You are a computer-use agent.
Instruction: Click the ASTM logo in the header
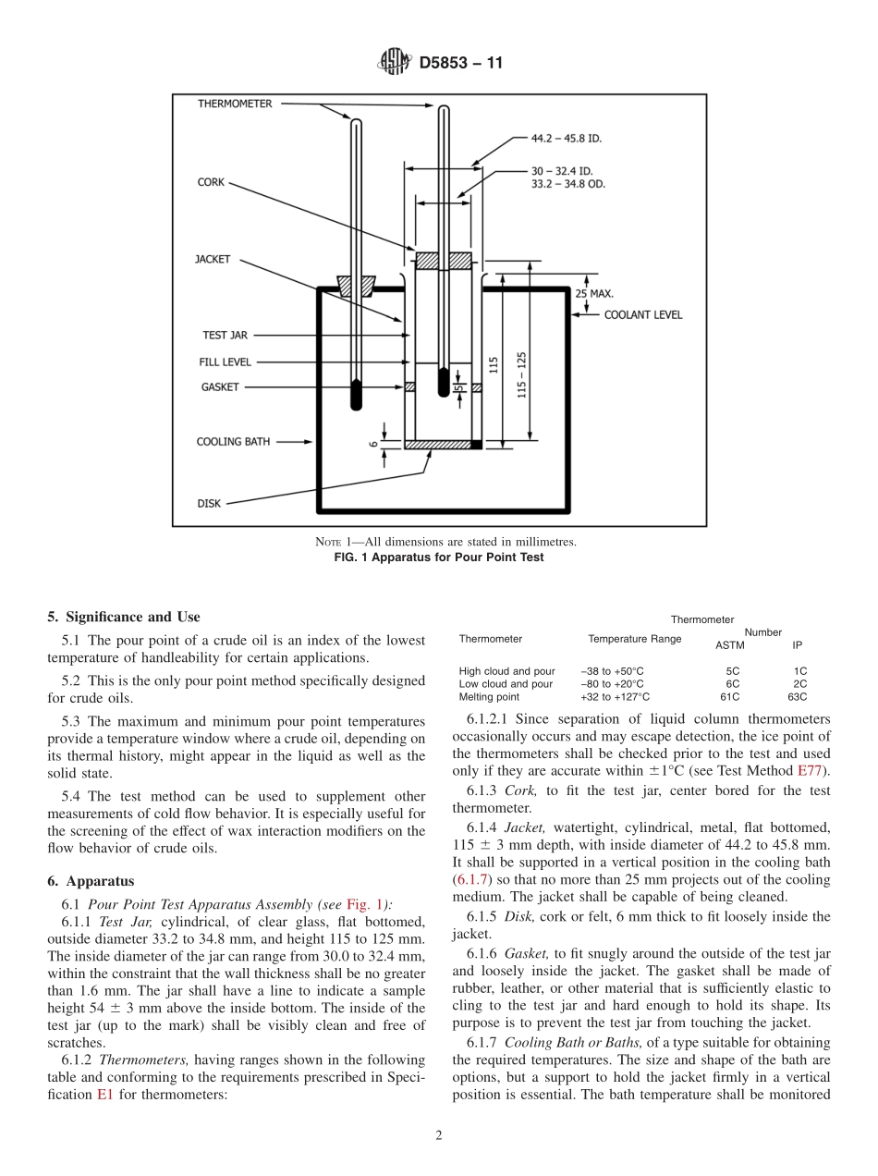393,64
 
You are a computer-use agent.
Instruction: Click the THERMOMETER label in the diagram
235,104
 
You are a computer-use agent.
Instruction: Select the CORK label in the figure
211,183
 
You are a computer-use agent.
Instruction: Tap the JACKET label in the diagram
212,260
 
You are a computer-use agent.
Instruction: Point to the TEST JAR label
225,336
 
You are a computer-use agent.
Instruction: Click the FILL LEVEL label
225,362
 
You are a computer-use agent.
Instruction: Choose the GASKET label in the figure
220,387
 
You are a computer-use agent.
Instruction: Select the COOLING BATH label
233,442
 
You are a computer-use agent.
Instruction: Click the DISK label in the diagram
209,504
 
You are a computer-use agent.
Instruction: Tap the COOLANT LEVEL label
643,315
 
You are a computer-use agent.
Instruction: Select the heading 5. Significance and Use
123,617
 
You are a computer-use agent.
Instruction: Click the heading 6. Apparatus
91,881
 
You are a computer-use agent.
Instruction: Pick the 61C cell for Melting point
729,697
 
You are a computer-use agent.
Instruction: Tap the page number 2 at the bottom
439,1136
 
